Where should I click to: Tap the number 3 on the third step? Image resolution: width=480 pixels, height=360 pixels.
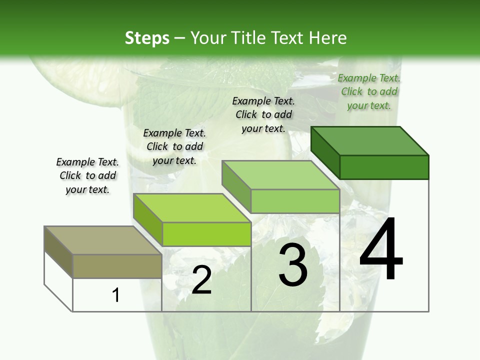pyautogui.click(x=293, y=265)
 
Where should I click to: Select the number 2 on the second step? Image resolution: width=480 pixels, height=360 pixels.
pyautogui.click(x=201, y=280)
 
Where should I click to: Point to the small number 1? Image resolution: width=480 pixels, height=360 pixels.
pyautogui.click(x=115, y=295)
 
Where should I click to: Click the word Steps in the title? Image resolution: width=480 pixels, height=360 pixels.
pyautogui.click(x=147, y=38)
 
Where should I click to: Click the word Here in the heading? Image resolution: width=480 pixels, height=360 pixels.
pyautogui.click(x=329, y=38)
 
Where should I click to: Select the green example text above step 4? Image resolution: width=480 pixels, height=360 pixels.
pyautogui.click(x=369, y=91)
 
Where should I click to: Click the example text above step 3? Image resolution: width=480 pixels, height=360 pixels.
pyautogui.click(x=263, y=114)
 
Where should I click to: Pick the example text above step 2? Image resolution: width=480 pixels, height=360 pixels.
pyautogui.click(x=174, y=146)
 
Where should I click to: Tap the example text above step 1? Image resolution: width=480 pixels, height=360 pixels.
pyautogui.click(x=87, y=175)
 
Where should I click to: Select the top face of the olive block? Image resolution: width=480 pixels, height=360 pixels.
pyautogui.click(x=102, y=240)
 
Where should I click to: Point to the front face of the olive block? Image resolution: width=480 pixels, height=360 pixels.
pyautogui.click(x=117, y=266)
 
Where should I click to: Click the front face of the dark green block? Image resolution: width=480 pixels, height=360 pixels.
pyautogui.click(x=384, y=167)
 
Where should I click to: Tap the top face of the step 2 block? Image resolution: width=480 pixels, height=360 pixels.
pyautogui.click(x=192, y=207)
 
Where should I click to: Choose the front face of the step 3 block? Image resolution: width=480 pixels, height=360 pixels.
pyautogui.click(x=295, y=201)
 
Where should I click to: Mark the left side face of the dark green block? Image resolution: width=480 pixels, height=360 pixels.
pyautogui.click(x=325, y=152)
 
